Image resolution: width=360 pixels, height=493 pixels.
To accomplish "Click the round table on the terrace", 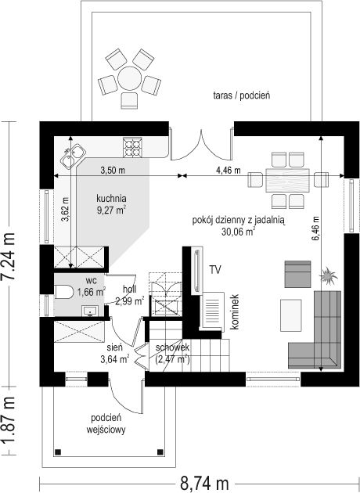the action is pyautogui.click(x=130, y=78).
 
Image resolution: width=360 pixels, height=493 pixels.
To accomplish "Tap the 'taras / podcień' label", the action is pyautogui.click(x=242, y=95).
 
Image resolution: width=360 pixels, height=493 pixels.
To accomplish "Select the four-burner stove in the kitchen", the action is pyautogui.click(x=132, y=147).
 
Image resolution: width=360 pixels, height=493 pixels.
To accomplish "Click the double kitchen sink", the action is pyautogui.click(x=73, y=157).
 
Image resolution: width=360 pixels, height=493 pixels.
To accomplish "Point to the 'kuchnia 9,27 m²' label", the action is pyautogui.click(x=112, y=204).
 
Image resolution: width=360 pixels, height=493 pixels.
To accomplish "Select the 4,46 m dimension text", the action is pyautogui.click(x=229, y=171).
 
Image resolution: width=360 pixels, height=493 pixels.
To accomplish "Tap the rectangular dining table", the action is pyautogui.click(x=287, y=180).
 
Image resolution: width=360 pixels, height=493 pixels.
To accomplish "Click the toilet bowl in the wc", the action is pyautogui.click(x=64, y=292).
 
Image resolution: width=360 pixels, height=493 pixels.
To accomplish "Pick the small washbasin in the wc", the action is pyautogui.click(x=91, y=311).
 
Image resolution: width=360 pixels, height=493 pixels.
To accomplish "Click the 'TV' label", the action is pyautogui.click(x=215, y=270).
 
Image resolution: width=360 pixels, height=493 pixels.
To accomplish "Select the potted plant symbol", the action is pyautogui.click(x=329, y=275).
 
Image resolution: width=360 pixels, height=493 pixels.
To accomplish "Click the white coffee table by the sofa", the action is pyautogui.click(x=291, y=315).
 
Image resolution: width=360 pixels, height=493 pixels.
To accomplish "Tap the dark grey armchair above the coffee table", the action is pyautogui.click(x=297, y=274).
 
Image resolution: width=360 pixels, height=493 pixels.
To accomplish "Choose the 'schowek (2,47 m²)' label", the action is pyautogui.click(x=172, y=353).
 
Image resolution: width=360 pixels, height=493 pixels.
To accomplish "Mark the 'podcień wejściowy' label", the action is pyautogui.click(x=106, y=424).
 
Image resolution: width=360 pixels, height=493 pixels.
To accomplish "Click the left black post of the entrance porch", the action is pyautogui.click(x=58, y=452).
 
